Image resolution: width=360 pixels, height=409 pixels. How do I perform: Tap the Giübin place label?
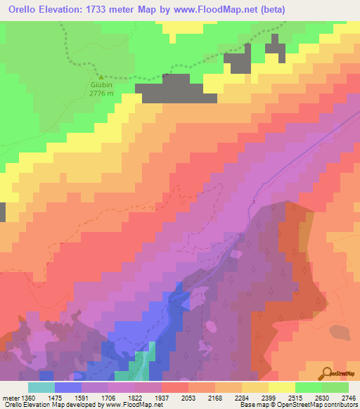pyautogui.click(x=102, y=85)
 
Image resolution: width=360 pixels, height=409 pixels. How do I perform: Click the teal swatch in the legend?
pyautogui.click(x=41, y=387)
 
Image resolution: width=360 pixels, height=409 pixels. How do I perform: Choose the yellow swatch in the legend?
pyautogui.click(x=282, y=387)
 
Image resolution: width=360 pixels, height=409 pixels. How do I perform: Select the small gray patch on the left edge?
pyautogui.click(x=2, y=212)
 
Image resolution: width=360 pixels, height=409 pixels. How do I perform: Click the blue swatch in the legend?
pyautogui.click(x=68, y=387)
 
